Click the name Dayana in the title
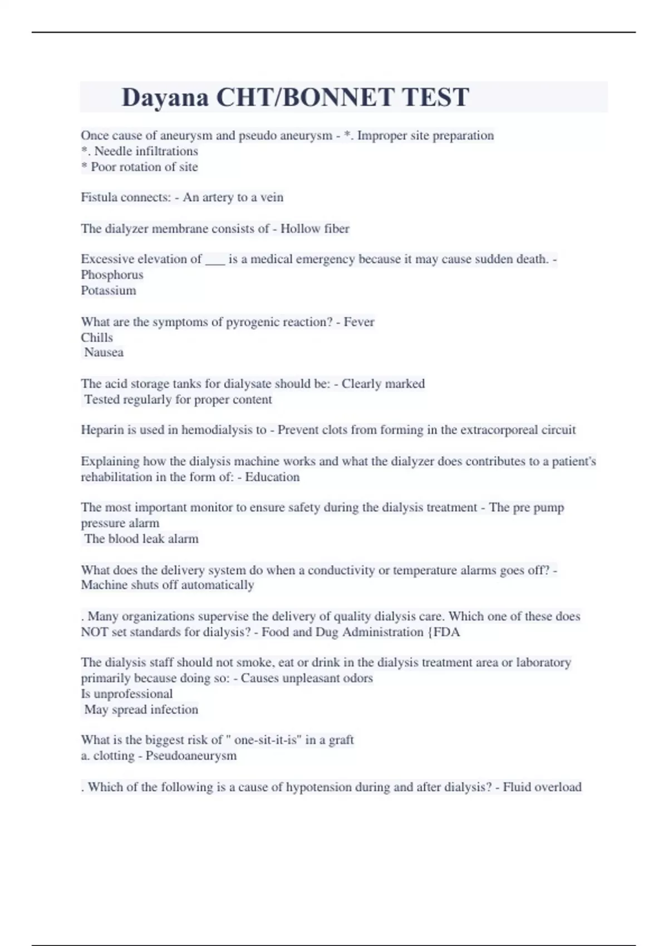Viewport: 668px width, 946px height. click(x=165, y=97)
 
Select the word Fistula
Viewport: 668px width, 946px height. click(x=98, y=198)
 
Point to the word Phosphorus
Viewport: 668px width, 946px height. click(x=112, y=275)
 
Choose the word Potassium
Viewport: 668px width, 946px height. click(x=109, y=290)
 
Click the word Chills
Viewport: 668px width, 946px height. click(x=97, y=338)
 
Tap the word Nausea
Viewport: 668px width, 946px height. click(x=104, y=352)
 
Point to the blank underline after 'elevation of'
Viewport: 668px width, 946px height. click(x=215, y=260)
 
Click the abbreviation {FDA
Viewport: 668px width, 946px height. click(x=443, y=632)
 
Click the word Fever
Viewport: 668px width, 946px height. click(x=359, y=322)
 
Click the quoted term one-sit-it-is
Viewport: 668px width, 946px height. click(x=270, y=740)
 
